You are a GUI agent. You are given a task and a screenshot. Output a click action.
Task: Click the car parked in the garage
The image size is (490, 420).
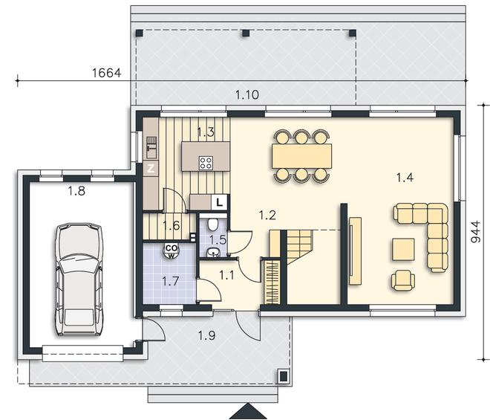pos(79,280)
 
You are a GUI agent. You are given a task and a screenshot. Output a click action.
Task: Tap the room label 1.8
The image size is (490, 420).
pos(76,190)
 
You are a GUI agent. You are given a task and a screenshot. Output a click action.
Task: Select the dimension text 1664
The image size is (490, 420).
pos(107,73)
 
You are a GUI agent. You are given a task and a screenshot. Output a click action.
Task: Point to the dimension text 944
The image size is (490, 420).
pos(475,232)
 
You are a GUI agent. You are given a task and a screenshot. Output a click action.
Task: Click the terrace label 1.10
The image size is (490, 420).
pos(247,94)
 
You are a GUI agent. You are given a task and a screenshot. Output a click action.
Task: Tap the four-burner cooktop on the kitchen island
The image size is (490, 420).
pos(206,163)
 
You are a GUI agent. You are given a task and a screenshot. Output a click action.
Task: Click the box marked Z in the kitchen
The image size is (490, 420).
pos(151,169)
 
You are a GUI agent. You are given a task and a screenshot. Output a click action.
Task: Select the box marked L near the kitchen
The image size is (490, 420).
pos(220,202)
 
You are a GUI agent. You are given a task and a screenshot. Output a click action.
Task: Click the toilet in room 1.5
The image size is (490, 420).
pos(213,224)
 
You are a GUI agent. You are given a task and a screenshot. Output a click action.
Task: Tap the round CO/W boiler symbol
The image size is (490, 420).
pos(171,251)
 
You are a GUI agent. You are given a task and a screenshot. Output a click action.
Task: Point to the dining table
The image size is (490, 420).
pos(301,156)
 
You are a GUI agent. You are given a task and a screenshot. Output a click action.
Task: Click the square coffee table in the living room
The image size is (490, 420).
pos(403,250)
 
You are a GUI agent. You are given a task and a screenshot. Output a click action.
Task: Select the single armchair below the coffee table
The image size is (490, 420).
pos(403,280)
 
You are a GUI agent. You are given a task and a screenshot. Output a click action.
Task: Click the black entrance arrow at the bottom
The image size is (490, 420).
pos(248,412)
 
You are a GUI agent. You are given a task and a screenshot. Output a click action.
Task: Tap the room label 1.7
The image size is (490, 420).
pos(171,281)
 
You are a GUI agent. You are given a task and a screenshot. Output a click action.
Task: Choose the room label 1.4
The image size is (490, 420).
pos(405,178)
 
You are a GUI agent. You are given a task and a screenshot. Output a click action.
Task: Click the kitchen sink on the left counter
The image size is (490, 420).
pos(151,147)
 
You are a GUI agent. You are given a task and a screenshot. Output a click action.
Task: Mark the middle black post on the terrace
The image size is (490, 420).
pos(246,33)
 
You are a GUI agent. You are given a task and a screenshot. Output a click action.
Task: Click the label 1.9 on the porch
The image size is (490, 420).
pos(206,335)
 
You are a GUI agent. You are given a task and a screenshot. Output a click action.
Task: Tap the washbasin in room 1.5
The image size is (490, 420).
pos(213,252)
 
